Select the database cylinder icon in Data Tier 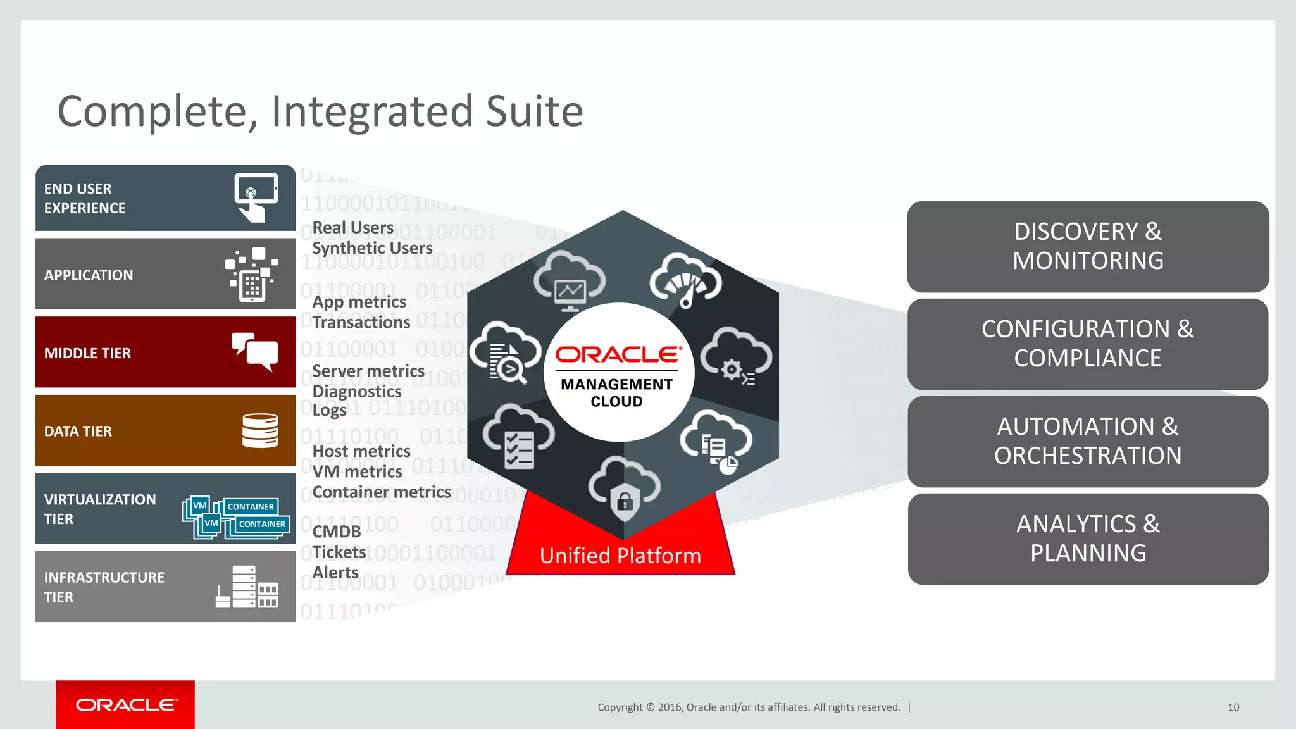click(x=260, y=430)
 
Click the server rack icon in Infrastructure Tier click(x=247, y=587)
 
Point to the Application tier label click(x=89, y=275)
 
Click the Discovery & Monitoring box click(x=1087, y=247)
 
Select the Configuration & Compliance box click(x=1087, y=344)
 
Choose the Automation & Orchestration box click(x=1087, y=441)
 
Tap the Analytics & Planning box click(x=1087, y=539)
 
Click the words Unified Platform click(x=620, y=556)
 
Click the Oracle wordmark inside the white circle click(x=618, y=354)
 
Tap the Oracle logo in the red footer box click(x=126, y=705)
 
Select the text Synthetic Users click(x=372, y=248)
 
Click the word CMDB click(x=337, y=532)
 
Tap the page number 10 click(x=1233, y=707)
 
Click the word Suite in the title click(x=533, y=111)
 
